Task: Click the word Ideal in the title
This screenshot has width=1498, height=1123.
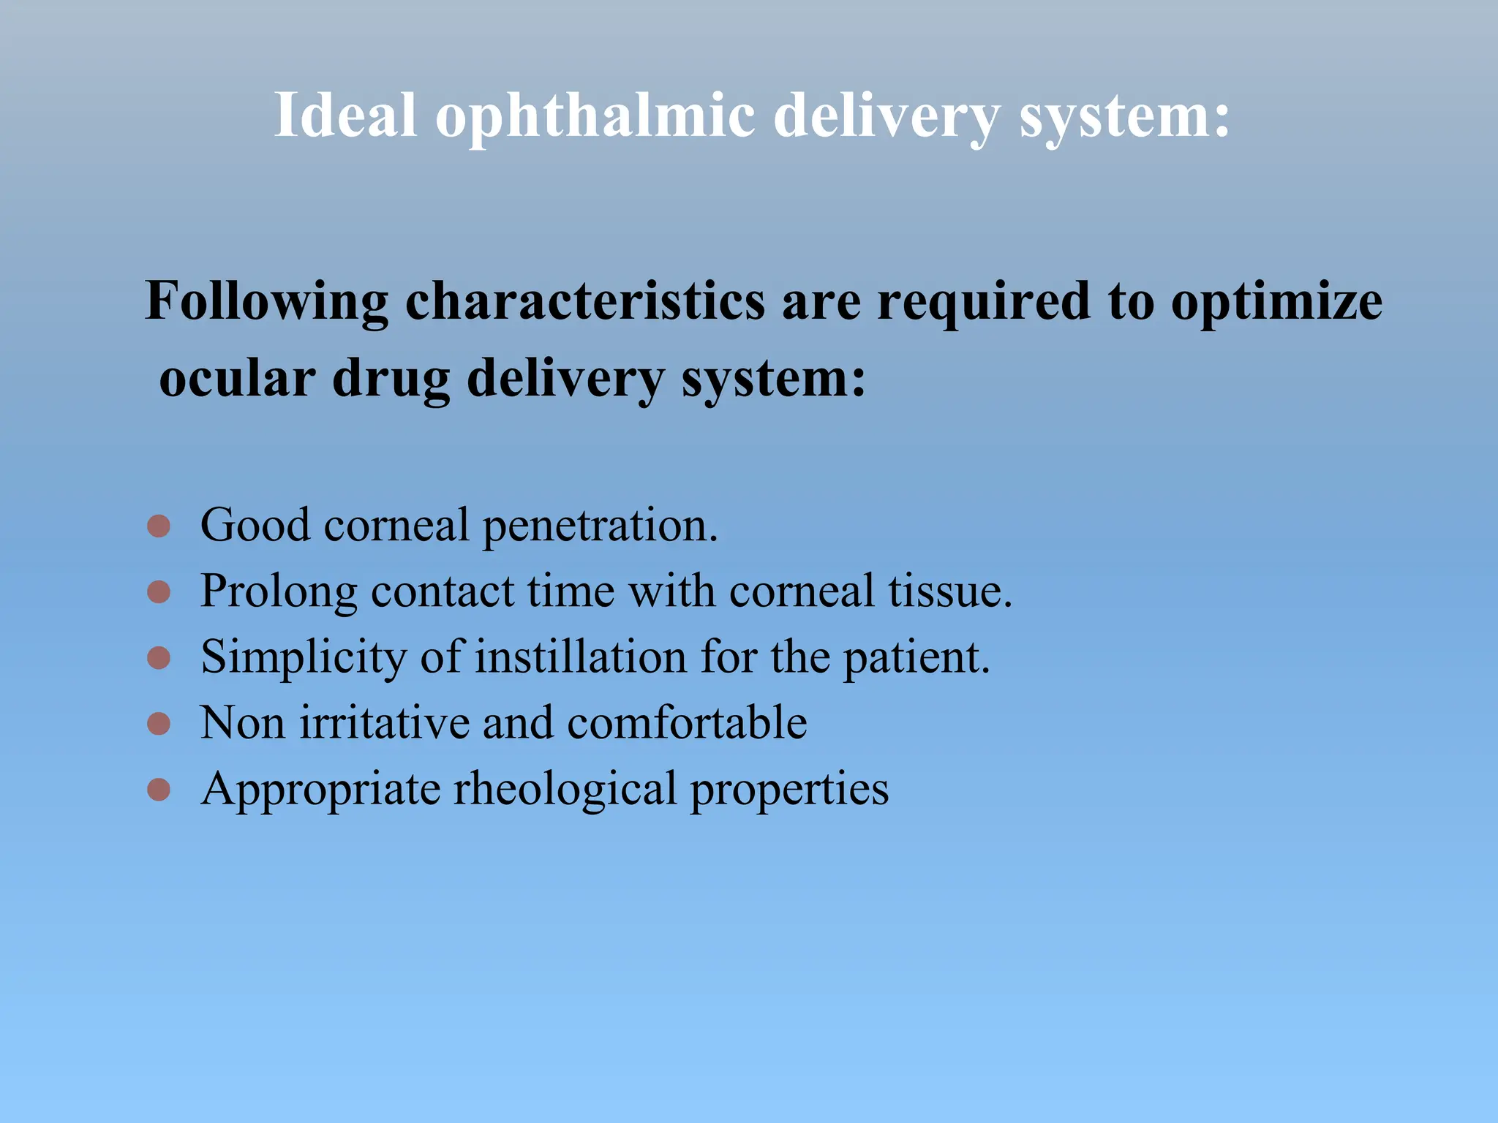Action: [x=345, y=115]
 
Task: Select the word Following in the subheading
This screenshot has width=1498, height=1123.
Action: [x=266, y=302]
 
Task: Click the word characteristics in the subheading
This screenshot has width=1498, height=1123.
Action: [x=584, y=300]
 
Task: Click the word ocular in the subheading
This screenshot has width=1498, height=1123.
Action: [x=237, y=379]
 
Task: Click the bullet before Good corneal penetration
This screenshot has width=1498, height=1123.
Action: [x=159, y=526]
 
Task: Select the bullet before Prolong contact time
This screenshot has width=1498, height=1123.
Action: [x=159, y=591]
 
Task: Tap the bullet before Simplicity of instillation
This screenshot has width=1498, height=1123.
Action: [x=159, y=657]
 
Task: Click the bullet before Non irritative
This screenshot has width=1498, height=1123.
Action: [x=159, y=724]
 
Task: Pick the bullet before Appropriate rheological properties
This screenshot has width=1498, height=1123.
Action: [x=159, y=790]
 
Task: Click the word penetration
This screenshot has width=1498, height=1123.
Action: [x=600, y=526]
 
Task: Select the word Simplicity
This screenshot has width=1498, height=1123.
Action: [x=304, y=658]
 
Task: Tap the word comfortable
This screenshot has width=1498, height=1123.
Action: [x=687, y=723]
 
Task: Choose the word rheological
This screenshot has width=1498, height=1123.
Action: [x=565, y=790]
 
